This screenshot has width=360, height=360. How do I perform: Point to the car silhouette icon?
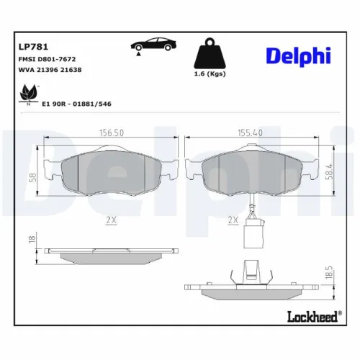pos(153,45)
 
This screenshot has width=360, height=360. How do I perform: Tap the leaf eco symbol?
pos(28,94)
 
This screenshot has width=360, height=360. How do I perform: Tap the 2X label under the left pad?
pos(110,220)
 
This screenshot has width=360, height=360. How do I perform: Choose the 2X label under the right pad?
pos(232,220)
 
